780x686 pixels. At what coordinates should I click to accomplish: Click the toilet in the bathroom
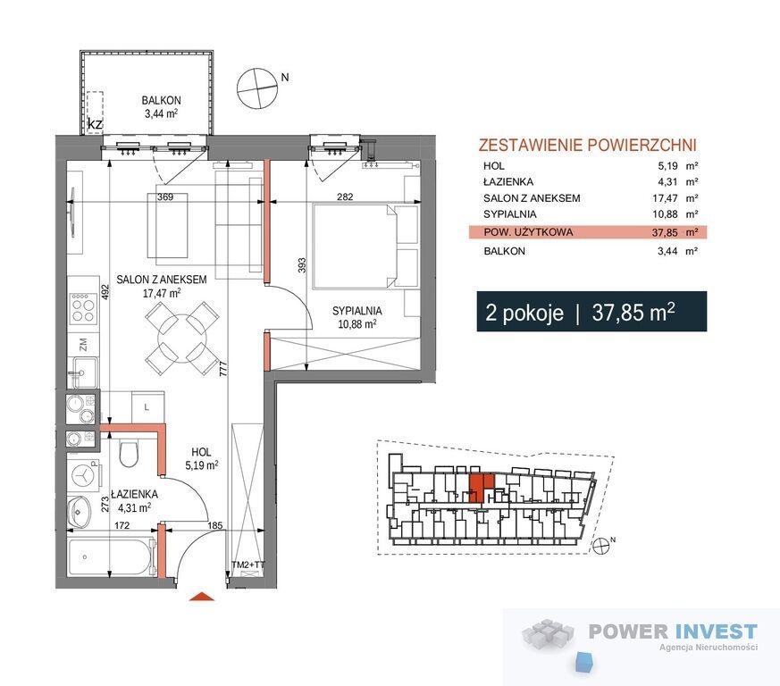[129, 453]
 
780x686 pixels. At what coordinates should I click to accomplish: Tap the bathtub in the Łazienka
[109, 556]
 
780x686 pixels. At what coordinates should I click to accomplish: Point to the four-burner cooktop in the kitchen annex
[82, 308]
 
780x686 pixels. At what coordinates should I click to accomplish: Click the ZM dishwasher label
[83, 344]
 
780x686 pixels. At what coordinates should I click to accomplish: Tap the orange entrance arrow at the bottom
[202, 597]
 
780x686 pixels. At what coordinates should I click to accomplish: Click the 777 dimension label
[223, 369]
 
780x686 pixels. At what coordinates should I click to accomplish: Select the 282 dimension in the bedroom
[345, 197]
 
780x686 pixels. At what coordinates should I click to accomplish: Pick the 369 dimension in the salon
[165, 197]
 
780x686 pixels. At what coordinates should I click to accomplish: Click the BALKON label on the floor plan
[161, 100]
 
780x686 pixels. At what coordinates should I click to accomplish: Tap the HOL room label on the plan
[201, 452]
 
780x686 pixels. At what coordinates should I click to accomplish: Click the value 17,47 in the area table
[665, 198]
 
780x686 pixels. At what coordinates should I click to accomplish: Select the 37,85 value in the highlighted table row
[665, 232]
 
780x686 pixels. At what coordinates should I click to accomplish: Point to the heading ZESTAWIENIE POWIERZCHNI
[587, 145]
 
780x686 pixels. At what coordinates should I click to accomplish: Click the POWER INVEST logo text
[673, 632]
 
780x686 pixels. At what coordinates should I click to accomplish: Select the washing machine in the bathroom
[85, 475]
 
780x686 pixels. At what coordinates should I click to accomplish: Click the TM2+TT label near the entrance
[248, 565]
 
